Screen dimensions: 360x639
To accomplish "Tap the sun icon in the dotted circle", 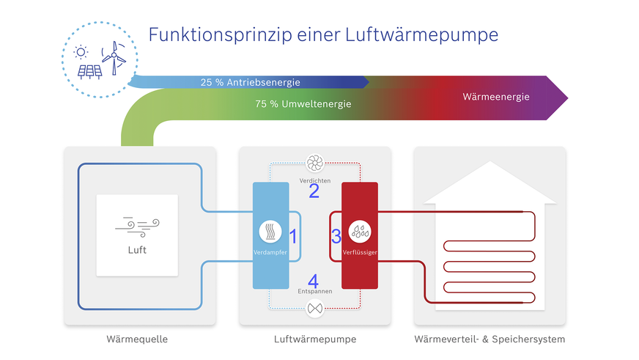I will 81,52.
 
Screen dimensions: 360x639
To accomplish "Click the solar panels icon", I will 90,72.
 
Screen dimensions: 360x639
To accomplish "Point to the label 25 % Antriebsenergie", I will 250,83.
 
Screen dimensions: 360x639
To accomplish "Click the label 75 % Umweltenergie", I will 303,104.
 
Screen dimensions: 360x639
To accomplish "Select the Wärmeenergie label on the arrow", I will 496,97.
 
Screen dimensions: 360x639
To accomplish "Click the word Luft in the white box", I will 137,250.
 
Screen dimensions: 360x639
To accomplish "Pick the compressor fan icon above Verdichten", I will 315,163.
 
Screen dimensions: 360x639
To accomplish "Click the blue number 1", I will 293,236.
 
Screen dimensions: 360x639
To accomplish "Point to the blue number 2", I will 314,191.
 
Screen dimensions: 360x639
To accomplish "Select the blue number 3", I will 336,237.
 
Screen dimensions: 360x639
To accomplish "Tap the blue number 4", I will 313,279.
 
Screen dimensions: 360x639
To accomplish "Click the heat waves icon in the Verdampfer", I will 271,232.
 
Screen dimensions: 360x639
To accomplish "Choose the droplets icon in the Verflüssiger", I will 359,232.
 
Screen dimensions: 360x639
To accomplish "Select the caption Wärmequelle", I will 137,339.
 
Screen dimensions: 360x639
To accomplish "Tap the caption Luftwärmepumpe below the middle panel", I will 314,339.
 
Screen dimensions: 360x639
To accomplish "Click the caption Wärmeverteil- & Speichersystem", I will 490,339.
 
